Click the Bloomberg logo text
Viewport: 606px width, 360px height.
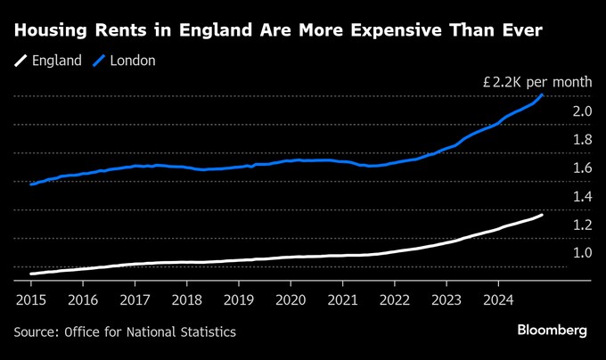552,331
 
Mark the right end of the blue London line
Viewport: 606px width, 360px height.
543,94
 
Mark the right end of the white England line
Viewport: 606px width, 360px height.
543,215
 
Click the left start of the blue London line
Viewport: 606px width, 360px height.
31,184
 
